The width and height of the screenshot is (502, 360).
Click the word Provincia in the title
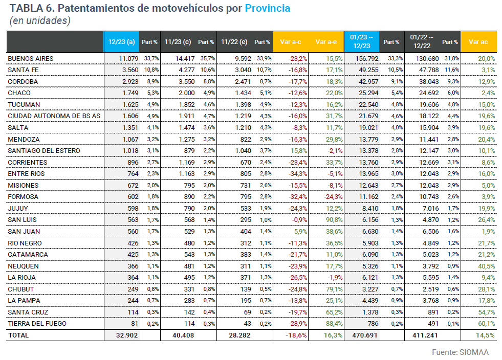tap(267, 8)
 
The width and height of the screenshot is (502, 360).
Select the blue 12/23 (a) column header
tap(122, 41)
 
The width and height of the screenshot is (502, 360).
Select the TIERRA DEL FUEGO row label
tap(37, 324)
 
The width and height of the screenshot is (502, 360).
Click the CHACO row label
tap(19, 93)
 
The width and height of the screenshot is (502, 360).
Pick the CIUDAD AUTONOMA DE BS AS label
tap(54, 116)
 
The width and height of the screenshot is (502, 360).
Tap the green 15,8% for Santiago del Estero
tap(298, 151)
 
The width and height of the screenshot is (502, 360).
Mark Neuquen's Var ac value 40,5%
tap(486, 266)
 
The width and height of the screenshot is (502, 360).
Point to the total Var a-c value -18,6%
tap(297, 335)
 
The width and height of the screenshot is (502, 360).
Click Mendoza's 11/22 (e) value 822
tap(244, 140)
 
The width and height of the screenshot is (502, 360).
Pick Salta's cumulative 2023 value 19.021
tap(367, 128)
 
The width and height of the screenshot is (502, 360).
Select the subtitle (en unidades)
tap(40, 20)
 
